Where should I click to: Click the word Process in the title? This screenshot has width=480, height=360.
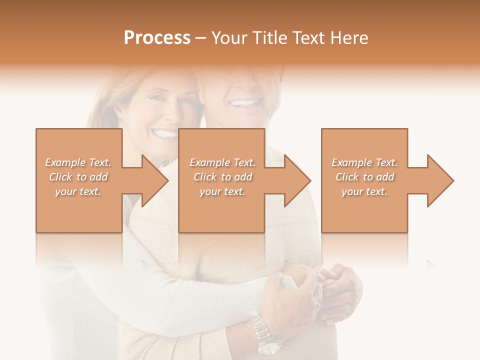(x=157, y=38)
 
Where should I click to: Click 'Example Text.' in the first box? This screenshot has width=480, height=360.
(x=78, y=162)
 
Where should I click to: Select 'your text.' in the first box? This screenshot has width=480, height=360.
(x=78, y=191)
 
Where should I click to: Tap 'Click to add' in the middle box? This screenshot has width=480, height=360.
(x=222, y=177)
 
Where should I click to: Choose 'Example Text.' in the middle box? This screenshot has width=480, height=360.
(x=222, y=162)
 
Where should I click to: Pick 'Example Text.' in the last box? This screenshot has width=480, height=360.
(x=364, y=162)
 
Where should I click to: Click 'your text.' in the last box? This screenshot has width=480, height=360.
(x=364, y=191)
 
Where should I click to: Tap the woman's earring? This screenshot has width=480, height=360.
(x=121, y=120)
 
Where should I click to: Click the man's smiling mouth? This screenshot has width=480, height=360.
(x=245, y=103)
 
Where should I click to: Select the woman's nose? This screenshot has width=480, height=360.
(x=166, y=116)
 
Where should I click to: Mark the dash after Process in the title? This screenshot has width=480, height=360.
(x=201, y=38)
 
